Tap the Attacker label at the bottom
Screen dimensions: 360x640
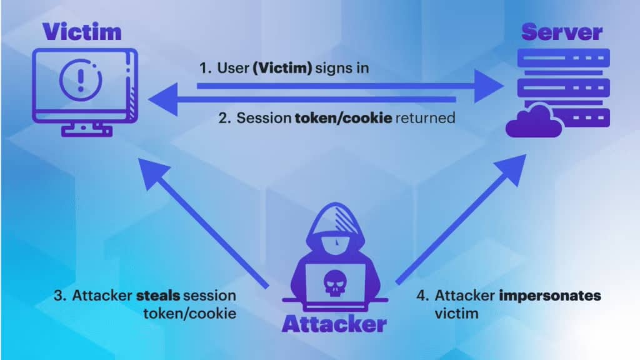334,324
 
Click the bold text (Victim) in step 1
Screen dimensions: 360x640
282,67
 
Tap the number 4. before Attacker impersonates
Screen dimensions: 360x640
422,296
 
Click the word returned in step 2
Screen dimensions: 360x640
426,117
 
